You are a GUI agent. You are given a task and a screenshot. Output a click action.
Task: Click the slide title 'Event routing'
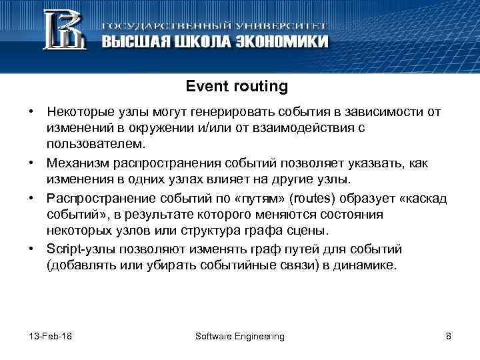(x=237, y=87)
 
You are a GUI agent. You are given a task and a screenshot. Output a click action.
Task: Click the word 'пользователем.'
(x=95, y=143)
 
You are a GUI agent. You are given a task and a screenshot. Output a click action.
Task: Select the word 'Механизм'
(x=75, y=163)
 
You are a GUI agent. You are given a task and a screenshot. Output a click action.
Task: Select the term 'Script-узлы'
(x=79, y=249)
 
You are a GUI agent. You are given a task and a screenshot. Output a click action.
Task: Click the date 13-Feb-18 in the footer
(x=51, y=336)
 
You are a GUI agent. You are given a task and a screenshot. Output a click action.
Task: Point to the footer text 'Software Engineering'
(x=240, y=336)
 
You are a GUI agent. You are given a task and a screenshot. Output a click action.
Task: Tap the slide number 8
(x=448, y=336)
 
